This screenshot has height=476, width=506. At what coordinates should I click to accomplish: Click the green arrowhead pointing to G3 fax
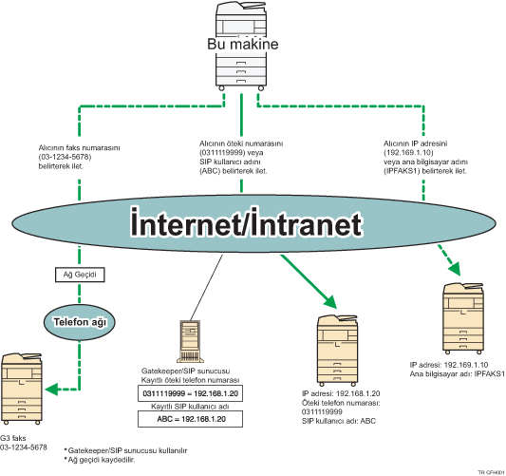[x=52, y=388]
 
